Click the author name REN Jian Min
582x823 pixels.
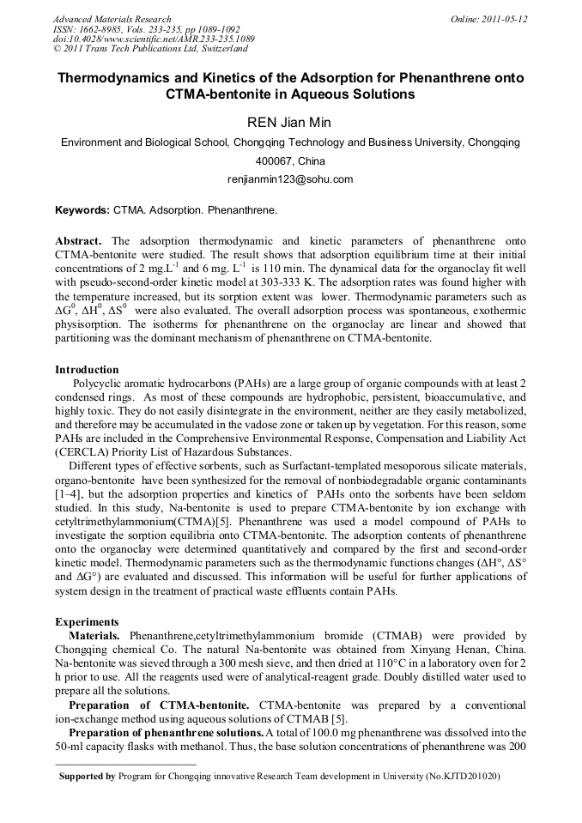pos(289,123)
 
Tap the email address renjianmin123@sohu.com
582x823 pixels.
pos(290,179)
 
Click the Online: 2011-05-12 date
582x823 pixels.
pos(488,19)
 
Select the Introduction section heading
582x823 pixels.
pos(87,370)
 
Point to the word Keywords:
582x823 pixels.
pos(82,209)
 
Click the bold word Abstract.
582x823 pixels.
pos(78,242)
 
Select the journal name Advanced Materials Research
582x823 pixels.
pos(112,19)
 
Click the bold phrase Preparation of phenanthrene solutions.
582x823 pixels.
pos(166,732)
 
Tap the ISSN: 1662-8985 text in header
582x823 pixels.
pos(88,29)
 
